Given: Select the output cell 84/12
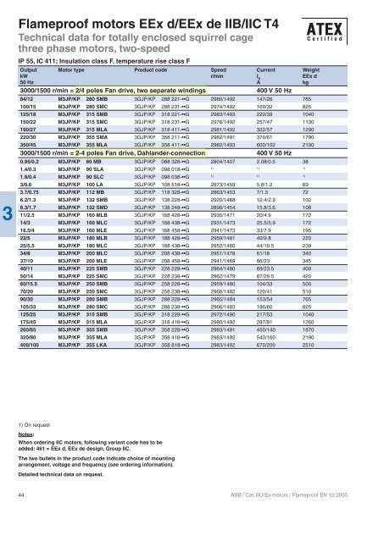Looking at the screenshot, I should pos(28,98).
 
